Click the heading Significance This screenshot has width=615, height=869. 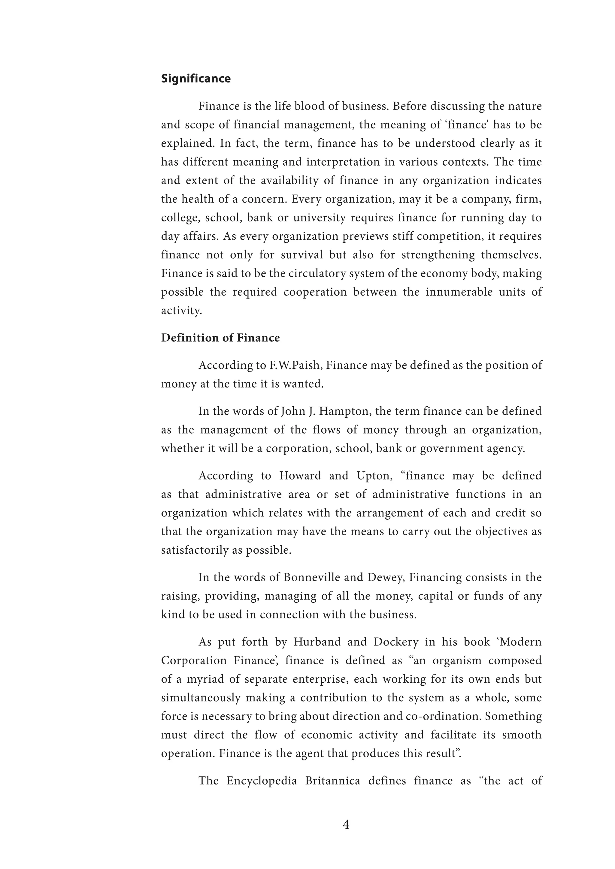coord(196,79)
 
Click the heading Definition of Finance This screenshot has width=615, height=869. coord(220,338)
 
